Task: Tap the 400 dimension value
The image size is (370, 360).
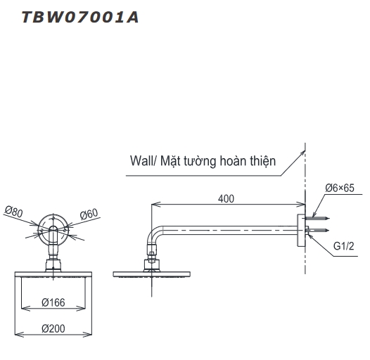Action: click(x=226, y=198)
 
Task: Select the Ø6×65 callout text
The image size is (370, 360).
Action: click(x=341, y=188)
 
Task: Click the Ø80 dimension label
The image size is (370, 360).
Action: click(x=14, y=210)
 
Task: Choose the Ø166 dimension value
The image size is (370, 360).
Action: click(x=53, y=302)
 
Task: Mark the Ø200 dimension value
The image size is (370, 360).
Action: click(x=53, y=328)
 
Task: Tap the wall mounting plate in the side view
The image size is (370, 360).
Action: click(x=300, y=229)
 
